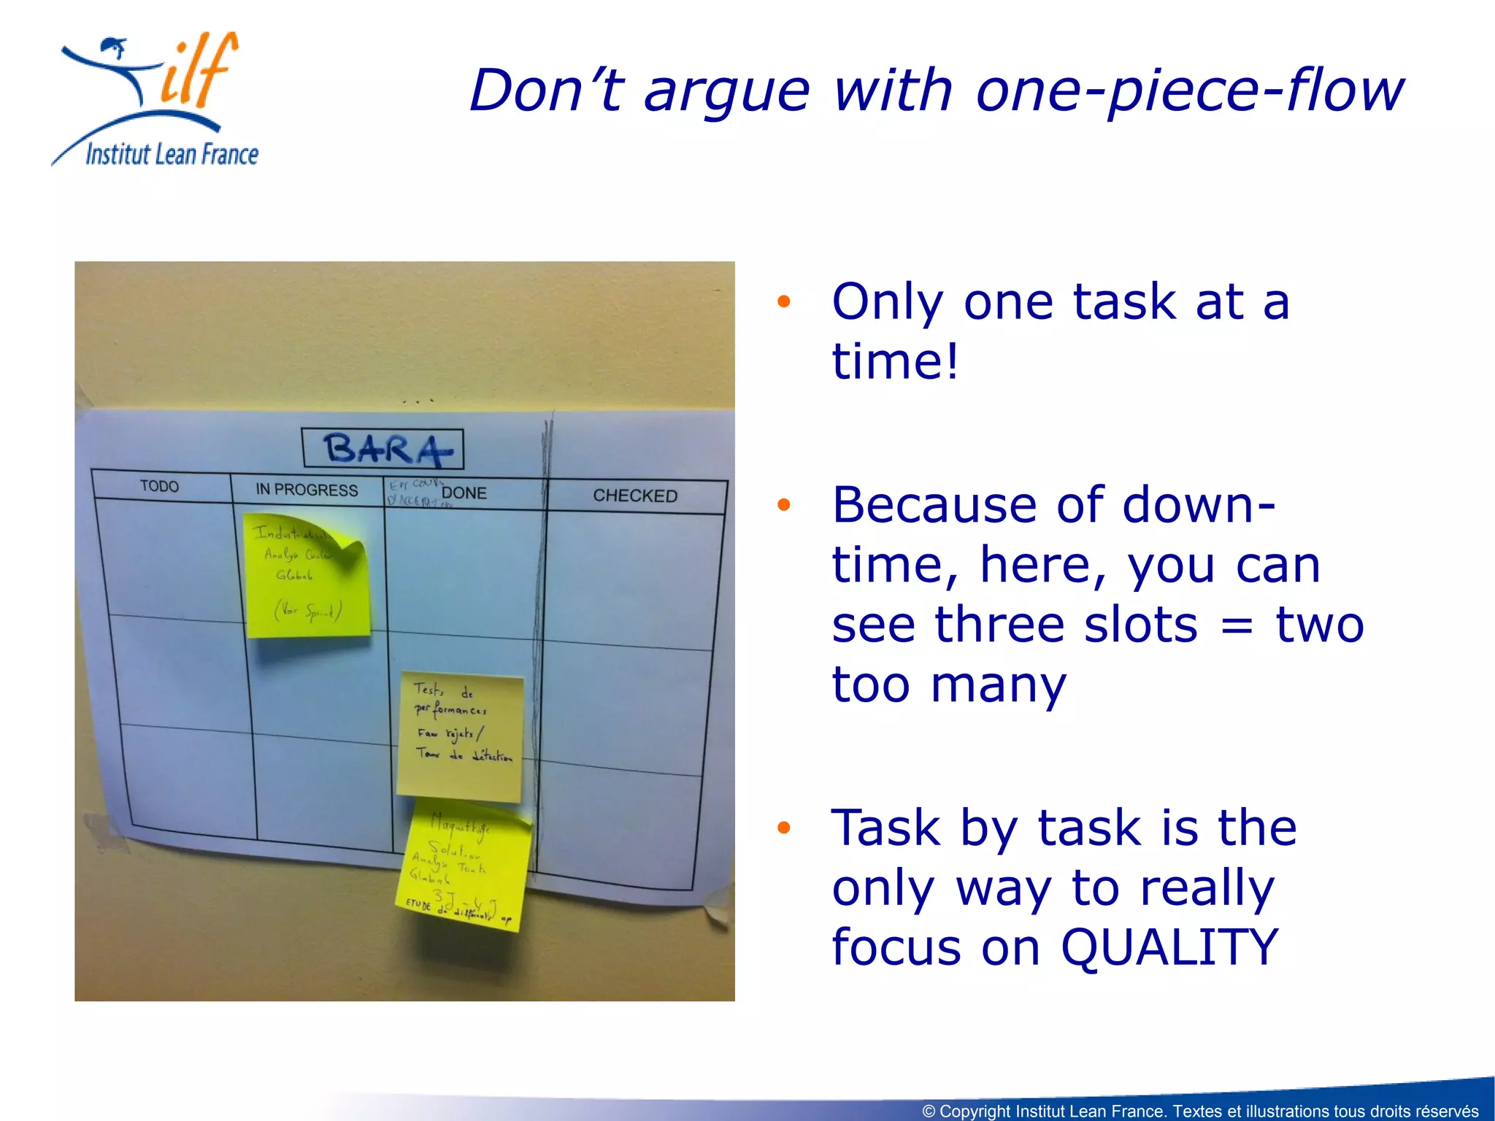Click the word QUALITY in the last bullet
(x=1169, y=947)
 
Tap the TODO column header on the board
(x=159, y=486)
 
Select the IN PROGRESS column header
(x=307, y=490)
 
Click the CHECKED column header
(x=635, y=496)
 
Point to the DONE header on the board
(x=464, y=493)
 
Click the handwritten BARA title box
(x=383, y=448)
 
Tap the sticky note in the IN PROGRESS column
(x=307, y=577)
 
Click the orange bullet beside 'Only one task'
(x=784, y=301)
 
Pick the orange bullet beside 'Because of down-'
(x=784, y=504)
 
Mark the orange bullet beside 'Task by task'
(x=784, y=827)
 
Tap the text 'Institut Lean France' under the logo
(x=172, y=155)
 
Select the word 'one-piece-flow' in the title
(x=1189, y=90)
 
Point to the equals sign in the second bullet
(x=1237, y=625)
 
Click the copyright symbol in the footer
(x=929, y=1111)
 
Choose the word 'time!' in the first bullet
(x=895, y=361)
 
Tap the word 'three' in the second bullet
(x=1066, y=625)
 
